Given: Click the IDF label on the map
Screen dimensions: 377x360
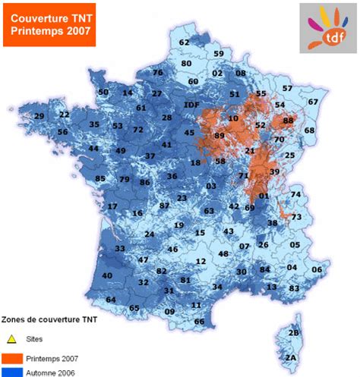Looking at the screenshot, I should point(192,105).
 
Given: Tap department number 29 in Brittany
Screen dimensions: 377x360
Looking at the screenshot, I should point(39,116).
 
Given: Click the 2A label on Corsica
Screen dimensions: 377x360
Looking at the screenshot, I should point(289,357).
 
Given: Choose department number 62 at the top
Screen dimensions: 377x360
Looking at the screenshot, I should point(185,42).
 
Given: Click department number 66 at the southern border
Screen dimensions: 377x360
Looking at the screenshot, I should point(199,322).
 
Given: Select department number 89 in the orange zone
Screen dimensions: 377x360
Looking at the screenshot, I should point(219,135).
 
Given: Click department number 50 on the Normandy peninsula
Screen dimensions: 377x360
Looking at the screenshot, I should point(103,92).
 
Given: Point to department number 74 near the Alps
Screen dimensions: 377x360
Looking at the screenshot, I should point(296,195).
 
